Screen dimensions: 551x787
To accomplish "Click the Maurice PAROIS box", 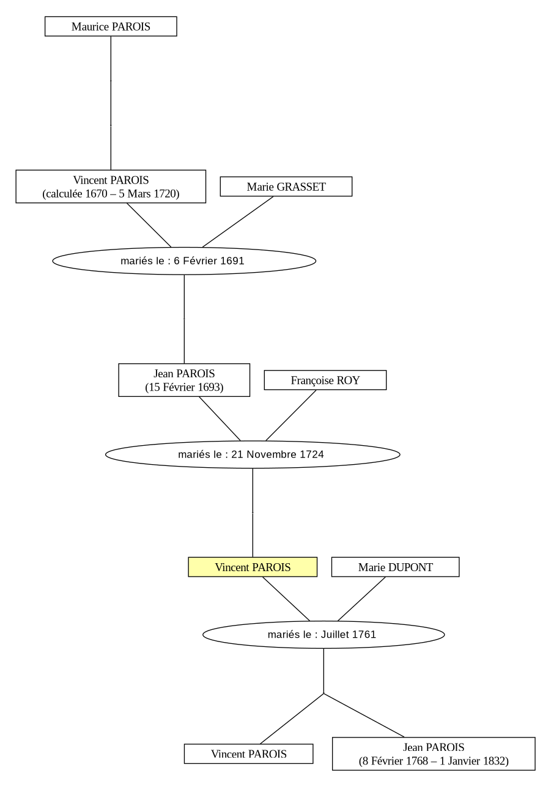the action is click(111, 26).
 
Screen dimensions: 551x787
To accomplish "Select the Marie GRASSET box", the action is click(286, 187).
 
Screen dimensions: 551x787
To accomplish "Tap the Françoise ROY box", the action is click(325, 380).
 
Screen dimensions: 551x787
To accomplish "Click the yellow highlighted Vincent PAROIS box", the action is click(253, 567).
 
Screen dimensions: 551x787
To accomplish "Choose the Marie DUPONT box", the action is click(395, 567).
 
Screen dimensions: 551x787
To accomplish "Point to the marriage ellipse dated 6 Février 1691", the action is click(184, 261).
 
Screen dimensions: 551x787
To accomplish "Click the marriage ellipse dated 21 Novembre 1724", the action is click(253, 454).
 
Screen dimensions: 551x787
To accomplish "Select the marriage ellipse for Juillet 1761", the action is click(324, 635).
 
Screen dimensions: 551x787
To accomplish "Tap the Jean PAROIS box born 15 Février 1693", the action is click(184, 380).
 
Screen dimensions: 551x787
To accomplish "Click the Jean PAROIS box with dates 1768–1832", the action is click(434, 754).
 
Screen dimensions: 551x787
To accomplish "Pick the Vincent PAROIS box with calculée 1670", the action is click(111, 187).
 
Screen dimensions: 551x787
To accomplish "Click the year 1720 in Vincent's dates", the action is click(165, 194).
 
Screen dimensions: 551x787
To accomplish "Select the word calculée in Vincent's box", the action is click(64, 194).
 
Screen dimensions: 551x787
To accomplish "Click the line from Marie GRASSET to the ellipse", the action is click(238, 222).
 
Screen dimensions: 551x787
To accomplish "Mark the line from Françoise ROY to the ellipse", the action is click(291, 415).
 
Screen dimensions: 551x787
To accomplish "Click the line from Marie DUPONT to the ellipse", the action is click(361, 599).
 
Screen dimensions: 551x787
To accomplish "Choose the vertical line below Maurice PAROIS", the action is click(111, 103).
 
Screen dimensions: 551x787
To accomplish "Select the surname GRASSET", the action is click(301, 187).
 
